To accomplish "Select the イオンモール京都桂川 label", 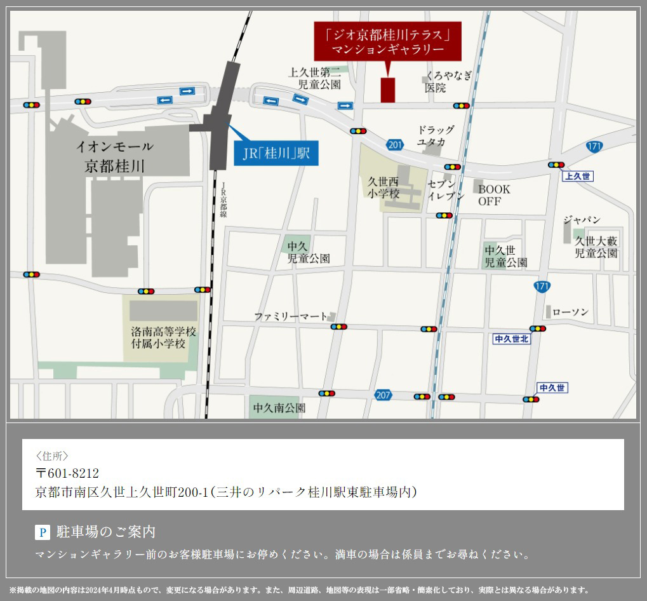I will (115, 156).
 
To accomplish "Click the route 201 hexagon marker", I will (394, 145).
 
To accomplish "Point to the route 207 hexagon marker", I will (383, 395).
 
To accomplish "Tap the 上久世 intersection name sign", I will (577, 176).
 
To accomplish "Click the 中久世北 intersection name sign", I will (511, 339).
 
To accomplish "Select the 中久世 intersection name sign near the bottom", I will (552, 388).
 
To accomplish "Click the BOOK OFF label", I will (494, 195).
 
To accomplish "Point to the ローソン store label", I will (570, 313).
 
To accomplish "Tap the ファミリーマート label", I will (291, 316).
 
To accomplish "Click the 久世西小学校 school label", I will (384, 187).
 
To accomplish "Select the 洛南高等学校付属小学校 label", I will (163, 338).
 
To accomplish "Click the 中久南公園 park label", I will (279, 407).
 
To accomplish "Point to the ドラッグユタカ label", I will (436, 136).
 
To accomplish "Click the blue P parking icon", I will (42, 532).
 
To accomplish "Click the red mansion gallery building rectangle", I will (388, 90).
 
